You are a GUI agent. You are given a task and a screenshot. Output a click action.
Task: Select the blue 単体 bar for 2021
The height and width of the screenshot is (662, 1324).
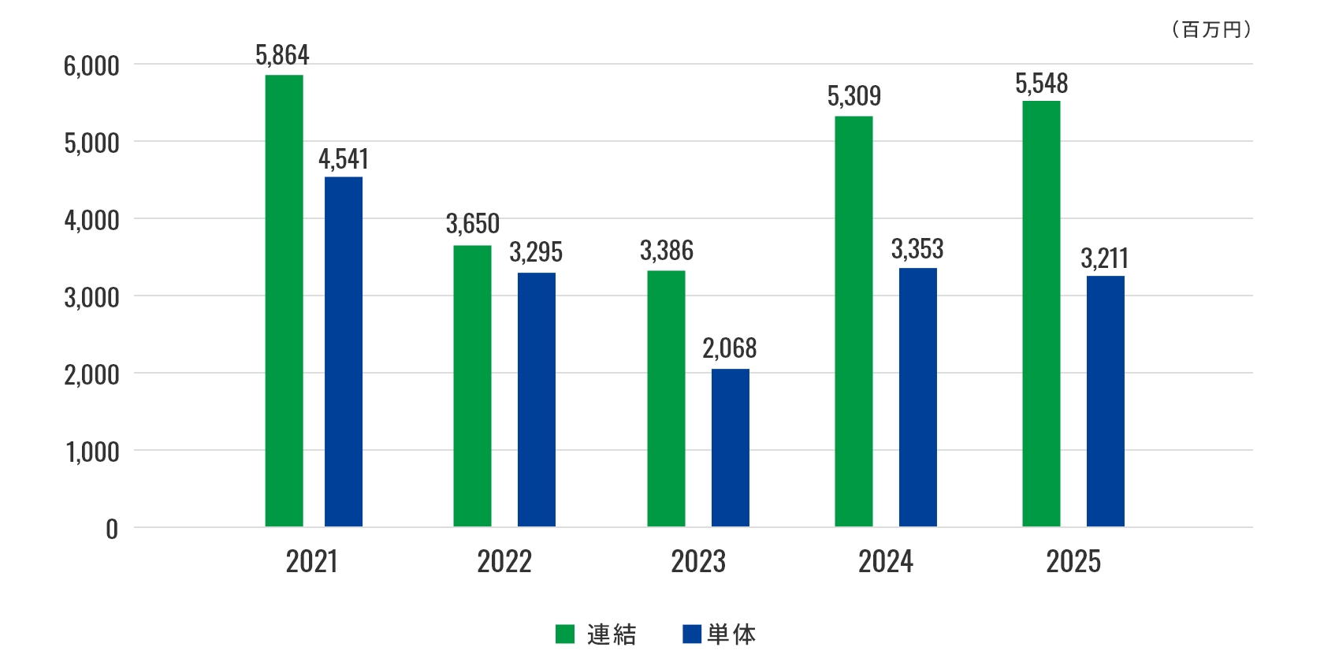344,351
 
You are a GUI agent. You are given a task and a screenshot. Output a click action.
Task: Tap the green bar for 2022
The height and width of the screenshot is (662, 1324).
472,386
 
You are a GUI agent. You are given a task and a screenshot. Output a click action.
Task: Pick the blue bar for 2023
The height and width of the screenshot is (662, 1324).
731,448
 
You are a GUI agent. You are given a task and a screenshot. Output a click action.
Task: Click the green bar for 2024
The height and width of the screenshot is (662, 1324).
854,322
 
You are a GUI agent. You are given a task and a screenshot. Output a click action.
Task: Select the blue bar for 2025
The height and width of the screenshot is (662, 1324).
1105,401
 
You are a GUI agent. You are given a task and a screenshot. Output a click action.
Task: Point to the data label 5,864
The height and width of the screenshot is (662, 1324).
282,55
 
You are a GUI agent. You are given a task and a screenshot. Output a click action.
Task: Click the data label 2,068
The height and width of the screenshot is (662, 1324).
729,348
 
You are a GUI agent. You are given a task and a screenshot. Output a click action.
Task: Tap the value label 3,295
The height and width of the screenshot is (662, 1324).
536,252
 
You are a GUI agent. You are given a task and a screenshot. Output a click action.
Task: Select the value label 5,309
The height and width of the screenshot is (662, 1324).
854,96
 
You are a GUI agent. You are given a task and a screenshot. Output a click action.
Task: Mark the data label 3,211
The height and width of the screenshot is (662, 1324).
1104,258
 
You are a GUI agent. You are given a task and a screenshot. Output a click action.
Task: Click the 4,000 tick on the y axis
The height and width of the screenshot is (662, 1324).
91,220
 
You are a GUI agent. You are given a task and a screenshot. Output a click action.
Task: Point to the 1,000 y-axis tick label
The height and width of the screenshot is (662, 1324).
92,452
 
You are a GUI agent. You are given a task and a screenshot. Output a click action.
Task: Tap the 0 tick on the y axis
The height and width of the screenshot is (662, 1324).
112,529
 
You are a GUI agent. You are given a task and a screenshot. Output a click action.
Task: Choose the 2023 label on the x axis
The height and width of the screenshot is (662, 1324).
698,562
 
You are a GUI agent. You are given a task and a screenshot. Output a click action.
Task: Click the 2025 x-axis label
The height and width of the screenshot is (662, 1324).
1073,562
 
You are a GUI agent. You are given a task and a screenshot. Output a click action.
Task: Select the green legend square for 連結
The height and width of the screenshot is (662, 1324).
565,634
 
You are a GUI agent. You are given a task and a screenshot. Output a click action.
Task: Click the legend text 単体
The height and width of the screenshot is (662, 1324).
731,634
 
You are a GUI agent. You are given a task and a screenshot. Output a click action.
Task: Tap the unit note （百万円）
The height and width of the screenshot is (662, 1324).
1211,30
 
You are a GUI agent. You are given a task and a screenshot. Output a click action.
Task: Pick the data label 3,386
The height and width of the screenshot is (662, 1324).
667,251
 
